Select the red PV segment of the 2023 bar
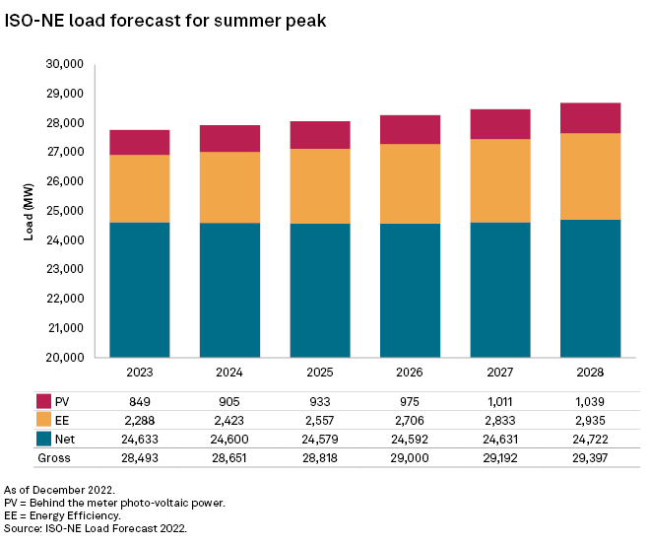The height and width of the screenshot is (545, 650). (140, 143)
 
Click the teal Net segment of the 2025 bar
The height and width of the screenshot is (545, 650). (320, 290)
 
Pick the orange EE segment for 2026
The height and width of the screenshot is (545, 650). (410, 184)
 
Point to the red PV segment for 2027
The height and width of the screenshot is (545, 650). (500, 124)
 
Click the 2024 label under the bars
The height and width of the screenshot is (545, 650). (229, 374)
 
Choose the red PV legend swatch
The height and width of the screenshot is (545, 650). (44, 402)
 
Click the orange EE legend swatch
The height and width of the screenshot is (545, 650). (44, 421)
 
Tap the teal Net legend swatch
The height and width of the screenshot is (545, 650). (44, 440)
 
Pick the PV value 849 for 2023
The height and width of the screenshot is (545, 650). (139, 402)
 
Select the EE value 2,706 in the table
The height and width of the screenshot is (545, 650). (410, 421)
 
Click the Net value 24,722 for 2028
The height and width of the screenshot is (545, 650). (590, 440)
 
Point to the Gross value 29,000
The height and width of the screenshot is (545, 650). (410, 458)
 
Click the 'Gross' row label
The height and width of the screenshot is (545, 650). (53, 458)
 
